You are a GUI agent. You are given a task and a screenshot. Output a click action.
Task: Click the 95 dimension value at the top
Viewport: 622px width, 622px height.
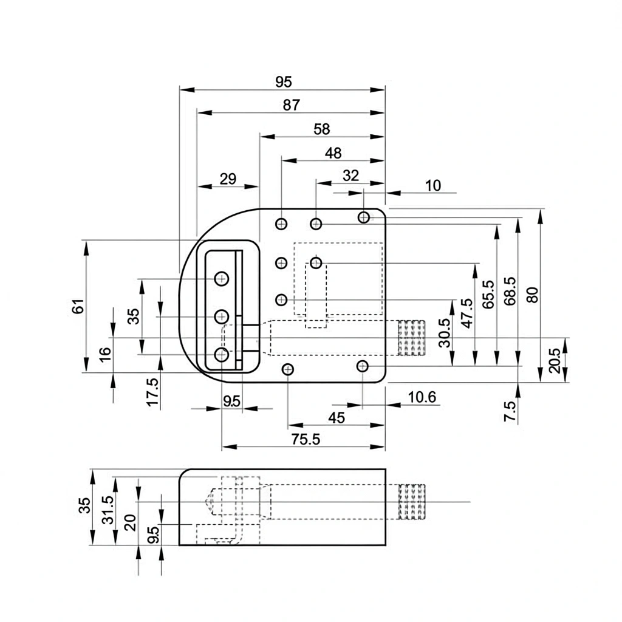coord(283,82)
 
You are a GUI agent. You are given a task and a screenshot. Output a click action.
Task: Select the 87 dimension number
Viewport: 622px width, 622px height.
coord(291,105)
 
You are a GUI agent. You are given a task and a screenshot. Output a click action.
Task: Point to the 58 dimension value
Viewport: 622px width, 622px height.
coord(321,129)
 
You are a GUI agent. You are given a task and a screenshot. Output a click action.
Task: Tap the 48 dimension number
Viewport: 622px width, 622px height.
coord(333,153)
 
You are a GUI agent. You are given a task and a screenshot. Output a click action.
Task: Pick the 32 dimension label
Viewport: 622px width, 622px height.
coord(350,176)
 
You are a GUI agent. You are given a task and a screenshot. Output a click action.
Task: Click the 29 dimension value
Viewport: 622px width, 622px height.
coord(228,179)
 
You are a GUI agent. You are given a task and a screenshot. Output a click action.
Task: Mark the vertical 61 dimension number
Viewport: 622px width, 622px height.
coord(77,307)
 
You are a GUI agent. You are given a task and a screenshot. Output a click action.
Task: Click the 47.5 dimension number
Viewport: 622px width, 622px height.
coord(466,313)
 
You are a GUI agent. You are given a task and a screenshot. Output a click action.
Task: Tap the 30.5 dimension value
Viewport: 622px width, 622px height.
coord(445,333)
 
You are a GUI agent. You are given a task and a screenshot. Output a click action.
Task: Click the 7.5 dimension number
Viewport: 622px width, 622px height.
coord(510,411)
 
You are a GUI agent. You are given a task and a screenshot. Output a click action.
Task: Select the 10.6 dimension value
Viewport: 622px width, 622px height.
coord(422,397)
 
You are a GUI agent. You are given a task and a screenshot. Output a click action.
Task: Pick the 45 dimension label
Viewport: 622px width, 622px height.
coord(336,418)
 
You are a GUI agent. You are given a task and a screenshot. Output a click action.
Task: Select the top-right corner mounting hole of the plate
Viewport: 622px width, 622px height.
coord(364,217)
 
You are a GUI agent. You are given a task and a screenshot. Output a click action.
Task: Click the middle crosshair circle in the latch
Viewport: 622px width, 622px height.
coord(222,316)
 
